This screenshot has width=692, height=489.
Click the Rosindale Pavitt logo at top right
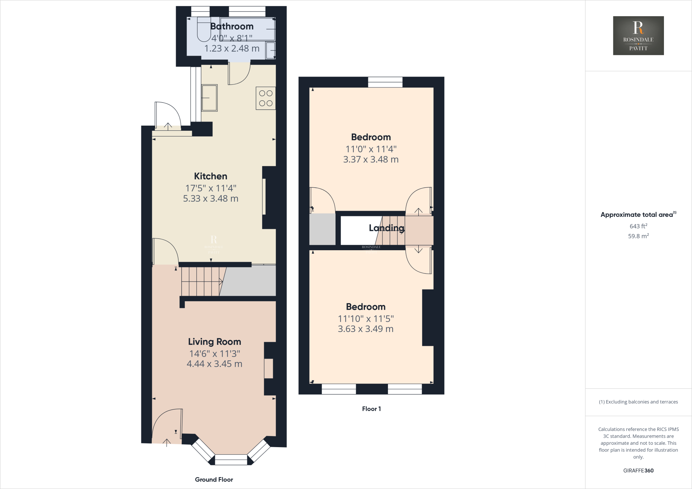(x=638, y=35)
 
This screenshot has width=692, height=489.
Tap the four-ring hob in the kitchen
(x=266, y=98)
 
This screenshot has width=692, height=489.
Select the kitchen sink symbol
(x=209, y=98)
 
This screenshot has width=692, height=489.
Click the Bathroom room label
(x=232, y=26)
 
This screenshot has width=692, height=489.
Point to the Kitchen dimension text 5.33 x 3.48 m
(x=211, y=199)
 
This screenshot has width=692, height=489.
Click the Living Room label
(x=215, y=342)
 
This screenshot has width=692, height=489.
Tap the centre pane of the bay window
(x=231, y=460)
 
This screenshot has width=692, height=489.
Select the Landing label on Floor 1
(x=387, y=228)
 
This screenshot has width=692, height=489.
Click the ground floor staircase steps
(x=201, y=281)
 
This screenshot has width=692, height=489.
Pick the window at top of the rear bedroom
(x=385, y=82)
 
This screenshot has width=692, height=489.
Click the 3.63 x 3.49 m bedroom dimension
(x=366, y=329)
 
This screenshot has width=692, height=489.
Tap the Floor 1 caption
(x=371, y=409)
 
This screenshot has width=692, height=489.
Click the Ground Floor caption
(x=214, y=480)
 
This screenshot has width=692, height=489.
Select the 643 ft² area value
(x=638, y=226)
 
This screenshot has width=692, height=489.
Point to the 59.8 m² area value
(x=638, y=236)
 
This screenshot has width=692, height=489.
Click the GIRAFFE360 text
(x=638, y=470)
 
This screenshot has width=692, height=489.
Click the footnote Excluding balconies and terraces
(x=638, y=402)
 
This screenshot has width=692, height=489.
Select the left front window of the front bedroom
(x=339, y=389)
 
